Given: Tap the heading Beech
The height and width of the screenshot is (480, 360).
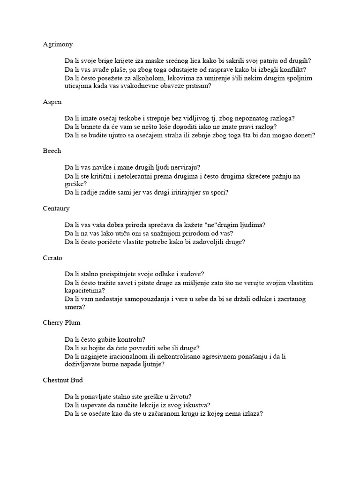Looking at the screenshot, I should pyautogui.click(x=52, y=151).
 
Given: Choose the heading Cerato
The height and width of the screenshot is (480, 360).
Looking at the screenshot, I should pyautogui.click(x=52, y=258).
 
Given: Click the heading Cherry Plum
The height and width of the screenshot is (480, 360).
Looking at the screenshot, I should pyautogui.click(x=60, y=323).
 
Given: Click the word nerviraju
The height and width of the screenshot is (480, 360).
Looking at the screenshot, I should pyautogui.click(x=182, y=167).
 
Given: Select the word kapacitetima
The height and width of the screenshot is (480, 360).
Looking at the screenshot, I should pyautogui.click(x=84, y=291).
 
